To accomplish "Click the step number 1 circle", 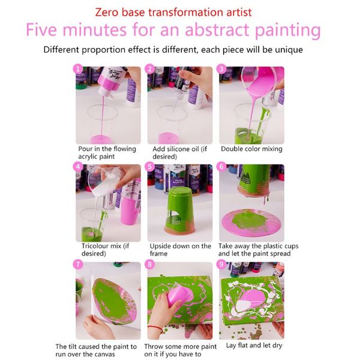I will pos(78,70).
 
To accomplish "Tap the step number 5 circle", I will pos(151,167).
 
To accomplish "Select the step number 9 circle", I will pos(223,265).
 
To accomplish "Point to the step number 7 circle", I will pos(78,265).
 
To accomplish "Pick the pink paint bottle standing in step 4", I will pos(129,204).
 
